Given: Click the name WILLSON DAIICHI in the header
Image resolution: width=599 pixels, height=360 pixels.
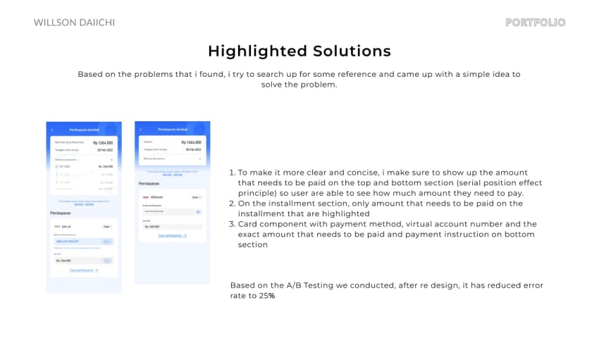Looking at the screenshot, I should pyautogui.click(x=74, y=23).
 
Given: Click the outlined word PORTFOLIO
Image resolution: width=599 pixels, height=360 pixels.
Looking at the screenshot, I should pyautogui.click(x=535, y=23).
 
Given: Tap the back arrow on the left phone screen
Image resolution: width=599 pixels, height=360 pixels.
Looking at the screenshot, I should pyautogui.click(x=51, y=130).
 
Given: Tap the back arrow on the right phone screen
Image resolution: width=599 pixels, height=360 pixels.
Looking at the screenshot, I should pyautogui.click(x=140, y=130).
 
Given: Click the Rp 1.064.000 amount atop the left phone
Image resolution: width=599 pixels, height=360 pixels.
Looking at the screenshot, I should pyautogui.click(x=102, y=143).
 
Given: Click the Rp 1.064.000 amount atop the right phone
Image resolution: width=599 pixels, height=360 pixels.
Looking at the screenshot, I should pyautogui.click(x=191, y=142).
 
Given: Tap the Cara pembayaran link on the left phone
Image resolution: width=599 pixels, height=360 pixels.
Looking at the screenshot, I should pyautogui.click(x=84, y=270).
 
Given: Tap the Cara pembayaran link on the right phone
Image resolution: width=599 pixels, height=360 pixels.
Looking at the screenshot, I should pyautogui.click(x=172, y=235).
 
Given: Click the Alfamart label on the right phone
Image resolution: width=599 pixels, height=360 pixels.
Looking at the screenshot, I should pyautogui.click(x=156, y=197).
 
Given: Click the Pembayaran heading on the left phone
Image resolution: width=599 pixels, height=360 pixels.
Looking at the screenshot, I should pyautogui.click(x=61, y=212).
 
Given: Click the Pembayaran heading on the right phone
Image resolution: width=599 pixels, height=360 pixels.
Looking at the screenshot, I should pyautogui.click(x=149, y=184).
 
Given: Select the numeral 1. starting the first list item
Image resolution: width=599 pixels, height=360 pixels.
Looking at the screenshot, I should pyautogui.click(x=233, y=173).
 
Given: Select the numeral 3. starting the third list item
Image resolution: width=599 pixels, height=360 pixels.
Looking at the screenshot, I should pyautogui.click(x=233, y=224).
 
